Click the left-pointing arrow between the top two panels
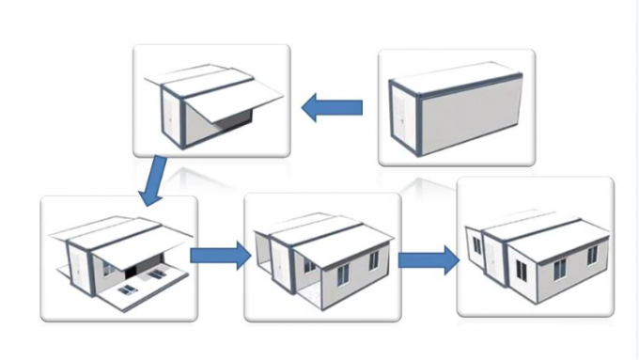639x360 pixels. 331,108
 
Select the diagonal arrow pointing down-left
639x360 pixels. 153,181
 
